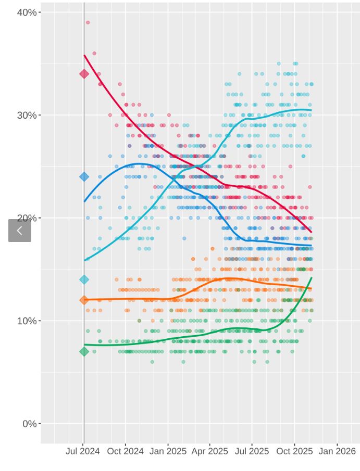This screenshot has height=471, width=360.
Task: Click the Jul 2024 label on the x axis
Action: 82,451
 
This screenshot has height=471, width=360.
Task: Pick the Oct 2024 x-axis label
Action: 125,451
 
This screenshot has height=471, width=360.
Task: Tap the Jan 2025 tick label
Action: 167,451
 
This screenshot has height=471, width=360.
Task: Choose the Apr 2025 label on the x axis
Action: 209,451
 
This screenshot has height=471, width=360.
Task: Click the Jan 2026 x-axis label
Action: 337,451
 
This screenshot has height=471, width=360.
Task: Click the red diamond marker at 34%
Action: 84,74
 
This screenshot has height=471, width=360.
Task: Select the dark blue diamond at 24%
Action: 84,177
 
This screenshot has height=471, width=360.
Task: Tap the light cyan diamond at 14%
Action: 84,279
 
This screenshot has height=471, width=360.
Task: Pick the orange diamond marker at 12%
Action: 84,300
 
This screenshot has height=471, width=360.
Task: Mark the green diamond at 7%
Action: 84,352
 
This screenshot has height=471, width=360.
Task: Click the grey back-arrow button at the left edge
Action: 20,231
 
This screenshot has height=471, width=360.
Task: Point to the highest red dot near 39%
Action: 88,22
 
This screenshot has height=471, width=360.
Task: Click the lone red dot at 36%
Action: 94,53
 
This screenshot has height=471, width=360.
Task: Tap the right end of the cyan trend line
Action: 312,110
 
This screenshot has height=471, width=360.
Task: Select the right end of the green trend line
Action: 312,278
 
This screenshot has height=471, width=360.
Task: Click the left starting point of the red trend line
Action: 84,55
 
